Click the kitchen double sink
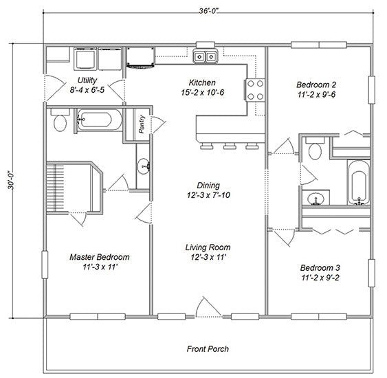pyautogui.click(x=206, y=56)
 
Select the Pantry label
pyautogui.click(x=142, y=124)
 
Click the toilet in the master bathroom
pyautogui.click(x=60, y=120)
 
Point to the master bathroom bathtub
pyautogui.click(x=99, y=120)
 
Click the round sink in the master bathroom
pyautogui.click(x=144, y=166)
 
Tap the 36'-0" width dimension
pyautogui.click(x=209, y=11)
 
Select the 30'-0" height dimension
pyautogui.click(x=11, y=180)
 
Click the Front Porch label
pyautogui.click(x=208, y=349)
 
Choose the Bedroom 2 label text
pyautogui.click(x=316, y=85)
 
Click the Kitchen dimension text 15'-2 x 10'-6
pyautogui.click(x=202, y=93)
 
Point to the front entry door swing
pyautogui.click(x=209, y=307)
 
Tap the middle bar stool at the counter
pyautogui.click(x=230, y=146)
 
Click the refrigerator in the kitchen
pyautogui.click(x=141, y=57)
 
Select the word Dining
pyautogui.click(x=208, y=186)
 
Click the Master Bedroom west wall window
pyautogui.click(x=45, y=265)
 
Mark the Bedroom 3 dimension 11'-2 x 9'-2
pyautogui.click(x=320, y=278)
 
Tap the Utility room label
pyautogui.click(x=87, y=80)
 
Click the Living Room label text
pyautogui.click(x=208, y=247)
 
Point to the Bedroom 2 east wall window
pyautogui.click(x=371, y=90)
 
